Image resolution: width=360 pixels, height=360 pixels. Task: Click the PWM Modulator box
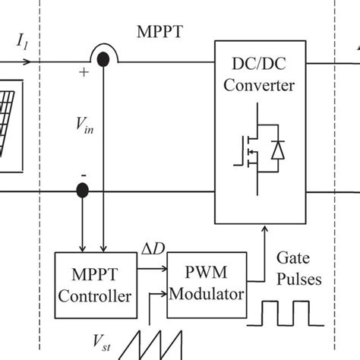[x=206, y=283]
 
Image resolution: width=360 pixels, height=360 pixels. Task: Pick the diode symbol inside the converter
[x=277, y=151]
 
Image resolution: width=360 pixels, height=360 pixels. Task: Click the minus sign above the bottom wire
[x=83, y=175]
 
